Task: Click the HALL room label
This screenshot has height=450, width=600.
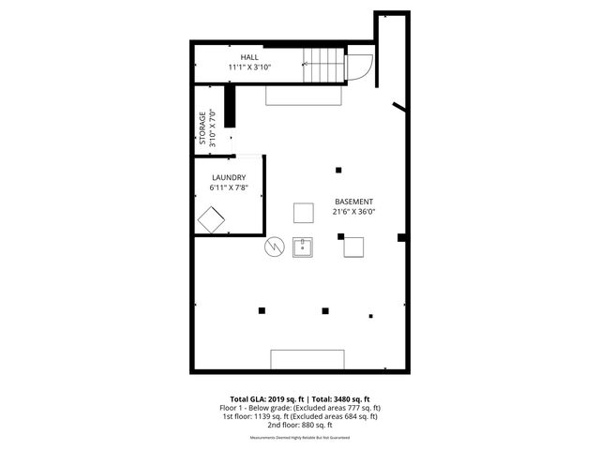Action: (249, 57)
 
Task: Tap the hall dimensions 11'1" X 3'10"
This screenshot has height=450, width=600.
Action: (249, 67)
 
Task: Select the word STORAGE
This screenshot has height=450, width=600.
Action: (202, 130)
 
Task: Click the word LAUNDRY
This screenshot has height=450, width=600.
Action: (229, 178)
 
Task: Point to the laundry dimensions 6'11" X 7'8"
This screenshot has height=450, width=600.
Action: (229, 188)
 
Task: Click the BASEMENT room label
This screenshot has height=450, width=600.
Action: (354, 202)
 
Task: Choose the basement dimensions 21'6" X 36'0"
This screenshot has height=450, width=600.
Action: (354, 212)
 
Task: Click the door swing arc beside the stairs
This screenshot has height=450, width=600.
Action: (360, 67)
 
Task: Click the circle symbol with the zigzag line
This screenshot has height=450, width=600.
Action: (274, 247)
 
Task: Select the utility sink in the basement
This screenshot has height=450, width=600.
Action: (303, 247)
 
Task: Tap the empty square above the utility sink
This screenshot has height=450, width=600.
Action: (303, 212)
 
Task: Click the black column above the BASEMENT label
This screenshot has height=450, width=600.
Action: (338, 170)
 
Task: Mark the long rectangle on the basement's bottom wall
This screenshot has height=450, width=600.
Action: (307, 359)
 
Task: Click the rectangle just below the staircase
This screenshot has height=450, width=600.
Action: (302, 96)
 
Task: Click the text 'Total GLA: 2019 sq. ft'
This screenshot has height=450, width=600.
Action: (268, 398)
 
